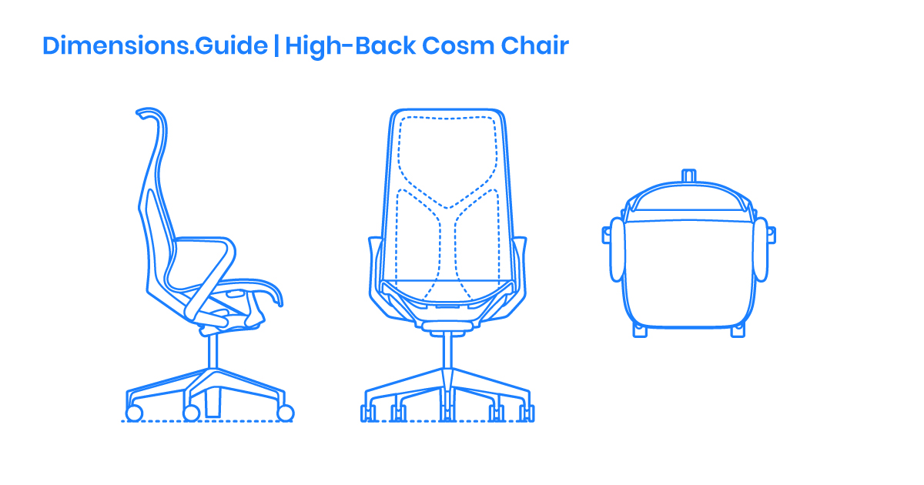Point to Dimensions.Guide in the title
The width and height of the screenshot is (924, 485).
tap(155, 45)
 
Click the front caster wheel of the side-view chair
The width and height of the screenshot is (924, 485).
tap(285, 413)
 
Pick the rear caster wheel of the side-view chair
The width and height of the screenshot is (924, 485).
tap(134, 413)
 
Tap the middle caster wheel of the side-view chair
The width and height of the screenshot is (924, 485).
tap(192, 413)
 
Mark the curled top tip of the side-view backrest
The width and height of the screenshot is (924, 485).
tap(143, 113)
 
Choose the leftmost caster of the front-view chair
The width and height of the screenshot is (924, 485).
tap(367, 413)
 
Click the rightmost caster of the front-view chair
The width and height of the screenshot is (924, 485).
tap(527, 413)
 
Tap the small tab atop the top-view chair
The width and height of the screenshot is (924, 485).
tap(689, 176)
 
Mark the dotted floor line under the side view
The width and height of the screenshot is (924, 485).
tap(208, 422)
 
